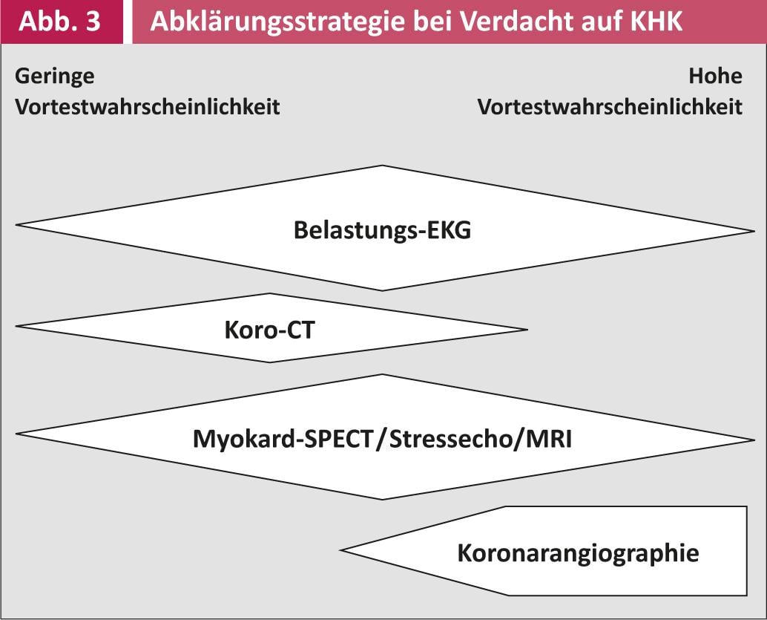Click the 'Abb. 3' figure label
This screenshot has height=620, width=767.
pos(59,22)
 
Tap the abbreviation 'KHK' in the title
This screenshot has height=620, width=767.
pos(656,22)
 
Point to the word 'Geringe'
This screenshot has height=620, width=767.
pos(55,77)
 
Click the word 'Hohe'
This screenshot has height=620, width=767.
pos(715,76)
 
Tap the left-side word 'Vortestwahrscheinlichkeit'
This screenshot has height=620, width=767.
pos(147,107)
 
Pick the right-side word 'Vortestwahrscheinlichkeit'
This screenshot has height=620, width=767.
pos(610,107)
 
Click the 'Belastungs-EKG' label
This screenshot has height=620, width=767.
pos(383,230)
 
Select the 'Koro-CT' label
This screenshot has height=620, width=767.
pos(269,330)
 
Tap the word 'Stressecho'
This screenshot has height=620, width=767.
pos(450,439)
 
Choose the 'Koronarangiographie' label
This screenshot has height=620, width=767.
pos(578,553)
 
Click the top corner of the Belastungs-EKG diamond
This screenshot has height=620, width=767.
pos(383,166)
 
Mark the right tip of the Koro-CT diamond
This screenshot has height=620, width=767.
pos(527,330)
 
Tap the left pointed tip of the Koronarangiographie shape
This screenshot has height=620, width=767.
pos(341,550)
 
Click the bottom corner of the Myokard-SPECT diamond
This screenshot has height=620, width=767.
pos(383,499)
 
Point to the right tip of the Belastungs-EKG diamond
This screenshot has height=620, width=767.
pos(754,231)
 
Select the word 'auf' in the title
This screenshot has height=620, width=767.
pos(599,22)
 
